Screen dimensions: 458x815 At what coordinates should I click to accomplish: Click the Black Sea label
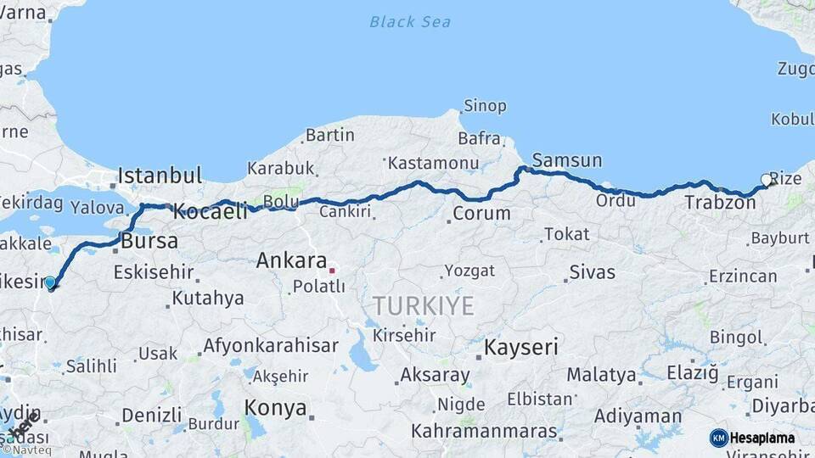(x=410, y=22)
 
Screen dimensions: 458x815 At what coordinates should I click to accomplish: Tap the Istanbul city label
(x=160, y=176)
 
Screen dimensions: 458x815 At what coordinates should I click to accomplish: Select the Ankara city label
(x=291, y=260)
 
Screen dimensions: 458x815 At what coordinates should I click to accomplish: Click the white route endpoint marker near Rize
(x=767, y=180)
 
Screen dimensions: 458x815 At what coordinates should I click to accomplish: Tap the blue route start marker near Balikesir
(x=50, y=282)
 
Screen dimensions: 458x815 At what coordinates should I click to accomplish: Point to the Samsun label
(x=567, y=160)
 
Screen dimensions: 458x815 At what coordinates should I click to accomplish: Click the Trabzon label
(x=720, y=203)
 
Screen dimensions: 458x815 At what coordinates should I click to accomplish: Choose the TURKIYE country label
(x=423, y=306)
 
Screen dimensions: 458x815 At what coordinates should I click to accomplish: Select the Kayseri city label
(x=521, y=347)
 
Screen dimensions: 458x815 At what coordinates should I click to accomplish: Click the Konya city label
(x=275, y=408)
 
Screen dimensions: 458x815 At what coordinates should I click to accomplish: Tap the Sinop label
(x=485, y=106)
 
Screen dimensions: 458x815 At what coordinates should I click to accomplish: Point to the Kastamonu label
(x=435, y=163)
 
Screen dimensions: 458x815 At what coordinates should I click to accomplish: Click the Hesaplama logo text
(x=762, y=438)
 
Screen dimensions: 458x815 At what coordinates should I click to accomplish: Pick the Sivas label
(x=592, y=273)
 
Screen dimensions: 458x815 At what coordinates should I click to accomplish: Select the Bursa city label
(x=149, y=241)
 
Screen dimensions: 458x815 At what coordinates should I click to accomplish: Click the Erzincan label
(x=743, y=276)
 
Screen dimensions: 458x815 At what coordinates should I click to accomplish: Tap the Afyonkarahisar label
(x=270, y=346)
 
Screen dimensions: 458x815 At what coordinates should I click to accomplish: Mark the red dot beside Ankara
(x=333, y=271)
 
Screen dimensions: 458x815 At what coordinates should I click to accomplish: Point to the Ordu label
(x=615, y=200)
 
